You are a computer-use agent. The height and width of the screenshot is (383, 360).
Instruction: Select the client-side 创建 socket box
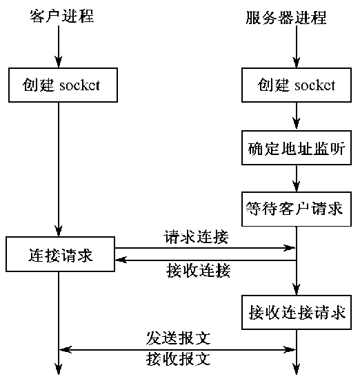pos(60,85)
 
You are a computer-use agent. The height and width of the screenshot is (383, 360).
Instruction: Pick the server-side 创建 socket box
pos(296,85)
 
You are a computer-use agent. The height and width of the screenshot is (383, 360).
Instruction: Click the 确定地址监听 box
pos(296,147)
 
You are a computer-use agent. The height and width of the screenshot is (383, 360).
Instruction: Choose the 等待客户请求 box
pos(296,207)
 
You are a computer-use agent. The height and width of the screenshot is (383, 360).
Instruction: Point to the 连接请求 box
pos(60,256)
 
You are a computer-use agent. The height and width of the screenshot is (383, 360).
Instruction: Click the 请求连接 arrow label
pos(197,237)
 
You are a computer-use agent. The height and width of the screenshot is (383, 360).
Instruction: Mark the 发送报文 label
pos(178,338)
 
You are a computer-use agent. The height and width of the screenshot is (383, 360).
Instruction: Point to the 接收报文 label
pos(178,359)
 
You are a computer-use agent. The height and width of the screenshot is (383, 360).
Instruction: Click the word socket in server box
pos(315,85)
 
